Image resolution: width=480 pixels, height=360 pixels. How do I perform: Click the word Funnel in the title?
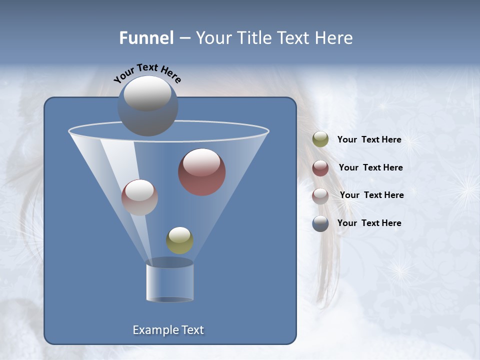(x=146, y=37)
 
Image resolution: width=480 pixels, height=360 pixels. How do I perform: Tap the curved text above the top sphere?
(x=147, y=73)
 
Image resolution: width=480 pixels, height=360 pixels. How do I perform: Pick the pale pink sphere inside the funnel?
(x=139, y=197)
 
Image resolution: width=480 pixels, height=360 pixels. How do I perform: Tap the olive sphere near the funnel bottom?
(x=179, y=240)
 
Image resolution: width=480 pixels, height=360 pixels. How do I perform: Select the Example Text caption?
(x=168, y=330)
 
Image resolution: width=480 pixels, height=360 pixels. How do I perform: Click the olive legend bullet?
(x=320, y=139)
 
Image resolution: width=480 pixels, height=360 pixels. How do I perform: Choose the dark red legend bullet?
(x=320, y=168)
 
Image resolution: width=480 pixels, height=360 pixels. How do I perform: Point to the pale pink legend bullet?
(x=320, y=195)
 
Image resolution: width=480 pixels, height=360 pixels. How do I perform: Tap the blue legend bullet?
(x=320, y=223)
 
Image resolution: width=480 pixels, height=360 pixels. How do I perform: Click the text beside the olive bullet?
(x=369, y=140)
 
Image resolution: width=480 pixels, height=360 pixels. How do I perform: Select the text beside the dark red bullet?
(x=370, y=168)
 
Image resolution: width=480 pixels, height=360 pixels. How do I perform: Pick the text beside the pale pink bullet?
(x=371, y=195)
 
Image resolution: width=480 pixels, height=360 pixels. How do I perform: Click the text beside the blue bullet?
(x=369, y=223)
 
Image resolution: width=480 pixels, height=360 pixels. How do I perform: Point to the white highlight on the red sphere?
(x=201, y=161)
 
